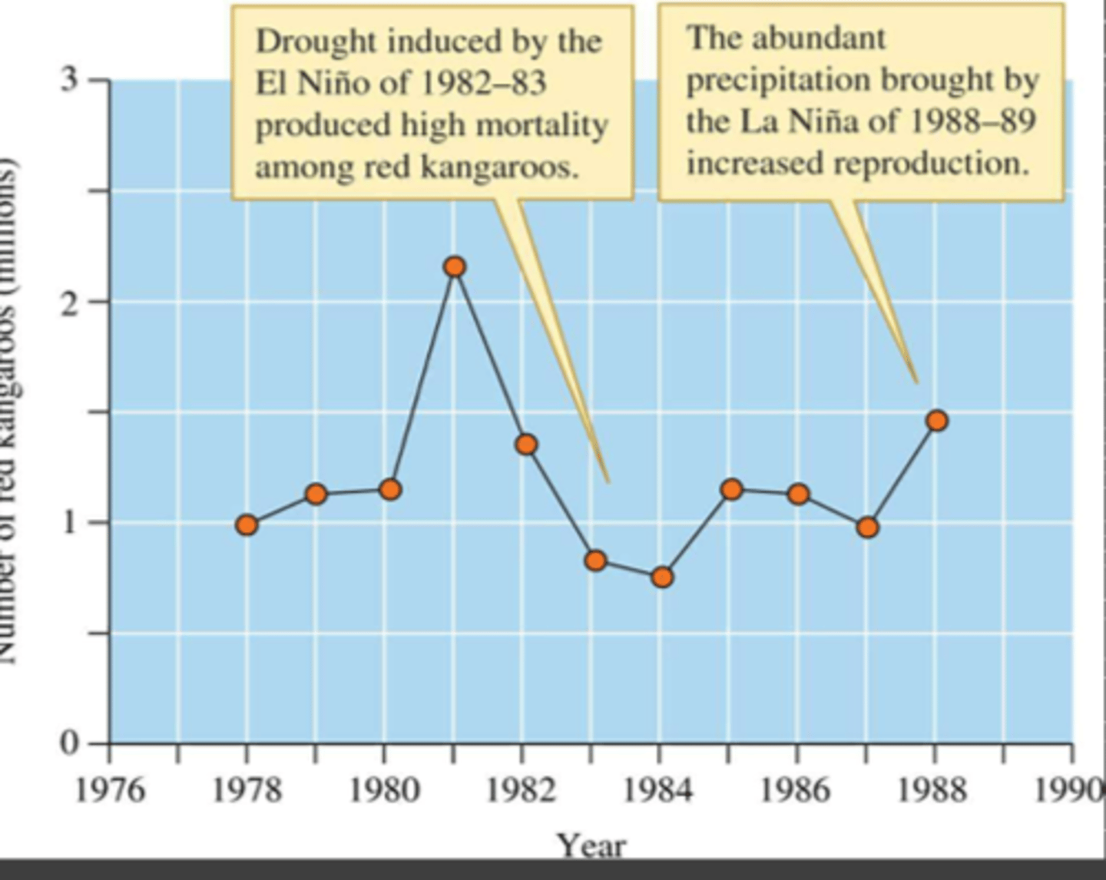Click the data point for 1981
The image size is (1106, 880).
455,267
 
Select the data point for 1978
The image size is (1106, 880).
247,525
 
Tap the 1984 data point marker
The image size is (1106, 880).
662,577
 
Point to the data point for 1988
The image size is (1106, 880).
936,421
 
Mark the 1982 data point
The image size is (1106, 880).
526,445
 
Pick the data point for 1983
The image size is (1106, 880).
595,561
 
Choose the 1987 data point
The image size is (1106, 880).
868,528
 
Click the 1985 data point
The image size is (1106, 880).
732,489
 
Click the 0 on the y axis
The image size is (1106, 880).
69,743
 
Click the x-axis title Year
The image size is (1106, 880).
591,845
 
